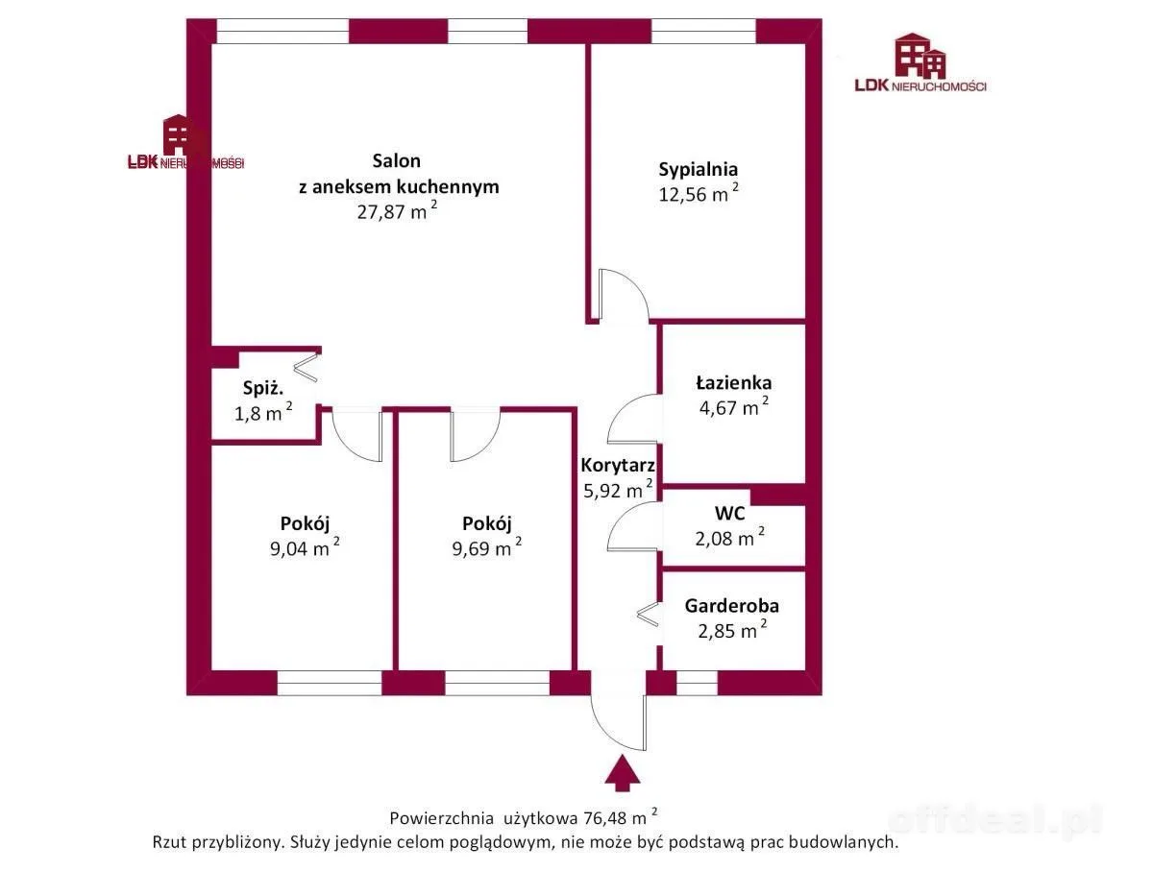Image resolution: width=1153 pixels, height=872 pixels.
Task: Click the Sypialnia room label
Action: tap(699, 169)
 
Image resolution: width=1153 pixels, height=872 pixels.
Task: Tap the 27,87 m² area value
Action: tap(397, 211)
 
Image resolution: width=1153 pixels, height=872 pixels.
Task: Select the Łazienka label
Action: tap(734, 383)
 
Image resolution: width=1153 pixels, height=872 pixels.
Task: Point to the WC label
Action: tap(729, 513)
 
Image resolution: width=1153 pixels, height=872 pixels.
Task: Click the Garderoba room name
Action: tap(732, 606)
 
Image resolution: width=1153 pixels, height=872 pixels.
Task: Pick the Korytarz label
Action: tap(618, 465)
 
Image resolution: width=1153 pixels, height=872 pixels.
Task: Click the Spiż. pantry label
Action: tap(263, 388)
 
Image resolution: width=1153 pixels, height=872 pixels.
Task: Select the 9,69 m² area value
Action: tap(487, 548)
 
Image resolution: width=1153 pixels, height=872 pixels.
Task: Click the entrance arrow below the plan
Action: tap(622, 772)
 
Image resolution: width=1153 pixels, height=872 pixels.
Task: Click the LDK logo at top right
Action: tap(920, 62)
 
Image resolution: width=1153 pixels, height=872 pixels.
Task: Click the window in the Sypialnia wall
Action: tap(703, 31)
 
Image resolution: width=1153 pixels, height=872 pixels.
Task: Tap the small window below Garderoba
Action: tap(697, 683)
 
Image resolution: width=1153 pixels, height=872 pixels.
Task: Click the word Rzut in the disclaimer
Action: tap(170, 842)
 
